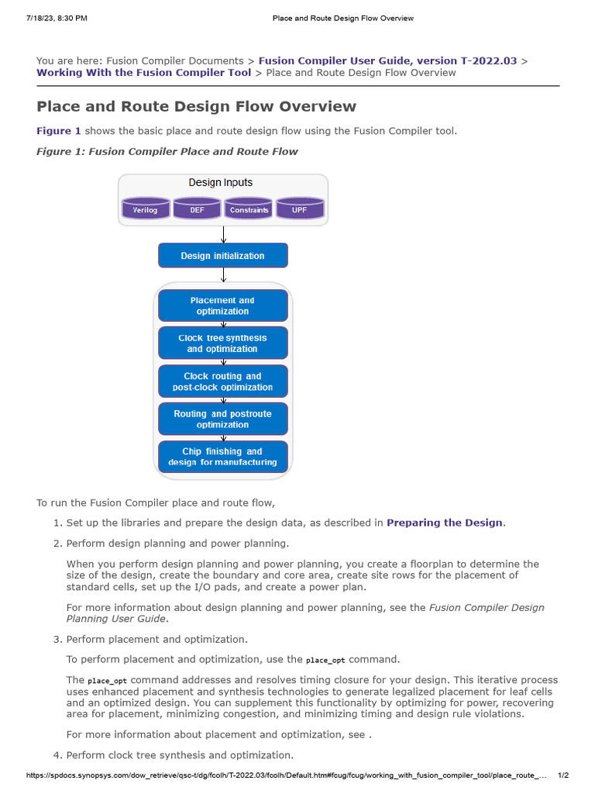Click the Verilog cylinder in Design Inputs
(x=146, y=209)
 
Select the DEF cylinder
(x=198, y=209)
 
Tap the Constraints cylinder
(x=249, y=209)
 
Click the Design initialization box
(x=223, y=255)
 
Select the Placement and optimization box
(x=223, y=306)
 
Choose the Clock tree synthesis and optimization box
(x=223, y=343)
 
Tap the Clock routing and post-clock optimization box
(x=223, y=381)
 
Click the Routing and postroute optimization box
(x=223, y=419)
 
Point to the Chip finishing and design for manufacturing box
(x=223, y=457)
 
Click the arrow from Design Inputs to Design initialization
(x=223, y=234)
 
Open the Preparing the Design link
(x=445, y=523)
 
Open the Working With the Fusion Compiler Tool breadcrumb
(x=144, y=72)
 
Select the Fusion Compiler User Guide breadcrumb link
(x=387, y=60)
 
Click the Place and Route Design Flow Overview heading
(x=197, y=106)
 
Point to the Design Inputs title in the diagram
(x=221, y=183)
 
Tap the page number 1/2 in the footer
(x=563, y=775)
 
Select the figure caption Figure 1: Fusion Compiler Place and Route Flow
(x=167, y=151)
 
